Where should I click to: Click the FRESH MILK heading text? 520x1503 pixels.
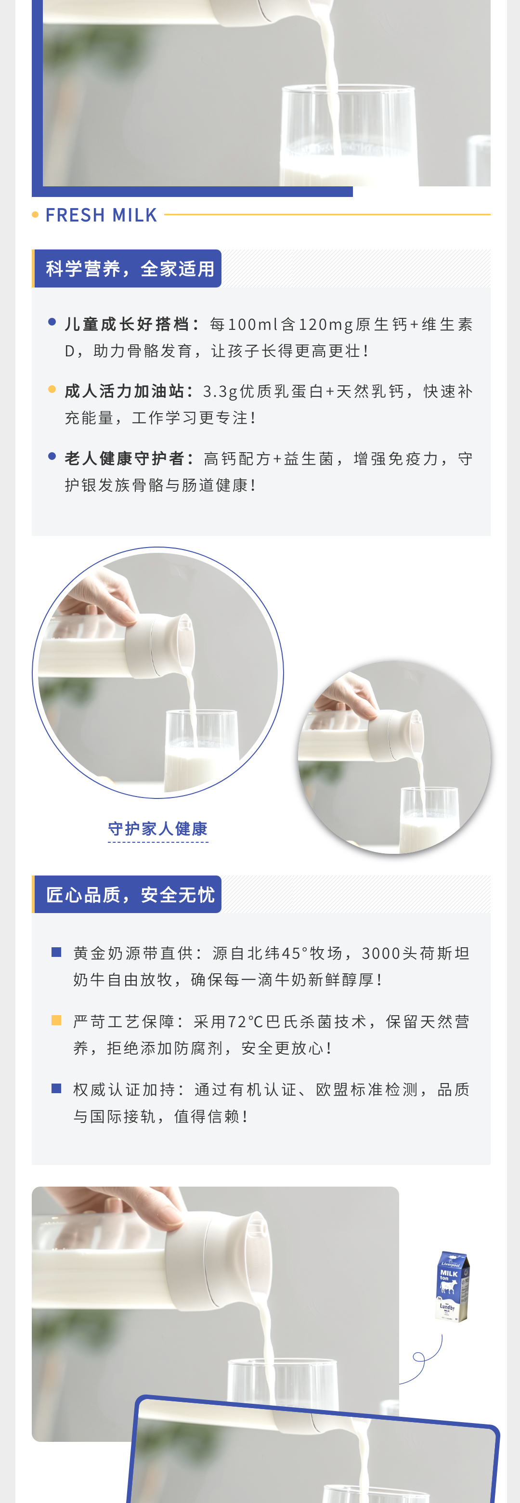[102, 215]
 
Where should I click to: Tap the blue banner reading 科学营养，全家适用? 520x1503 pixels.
[128, 268]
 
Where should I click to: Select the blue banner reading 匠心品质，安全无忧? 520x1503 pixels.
[128, 894]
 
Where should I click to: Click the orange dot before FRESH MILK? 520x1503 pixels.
[36, 215]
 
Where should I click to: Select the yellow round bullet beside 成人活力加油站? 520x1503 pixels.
[52, 389]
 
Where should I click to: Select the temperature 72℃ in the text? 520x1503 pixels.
[246, 1021]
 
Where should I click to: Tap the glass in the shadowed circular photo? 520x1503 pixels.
[429, 819]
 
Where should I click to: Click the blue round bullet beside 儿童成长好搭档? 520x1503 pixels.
[52, 322]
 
